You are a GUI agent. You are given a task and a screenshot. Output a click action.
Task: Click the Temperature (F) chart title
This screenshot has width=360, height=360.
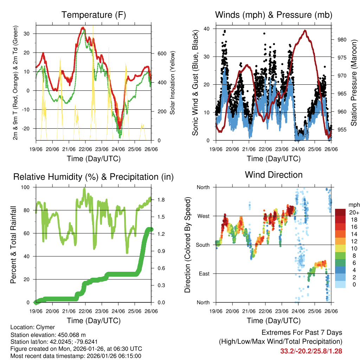pos(94,15)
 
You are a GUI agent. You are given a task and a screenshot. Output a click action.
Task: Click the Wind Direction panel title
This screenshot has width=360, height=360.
pos(274,175)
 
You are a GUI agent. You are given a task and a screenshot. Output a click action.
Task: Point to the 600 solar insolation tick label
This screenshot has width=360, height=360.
pos(162,53)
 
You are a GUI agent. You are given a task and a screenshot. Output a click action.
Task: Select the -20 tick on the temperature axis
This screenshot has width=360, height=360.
pos(29,129)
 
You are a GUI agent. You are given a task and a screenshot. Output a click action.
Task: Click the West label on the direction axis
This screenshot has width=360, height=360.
pos(203,216)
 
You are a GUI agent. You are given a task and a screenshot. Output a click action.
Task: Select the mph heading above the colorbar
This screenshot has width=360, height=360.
pos(354,205)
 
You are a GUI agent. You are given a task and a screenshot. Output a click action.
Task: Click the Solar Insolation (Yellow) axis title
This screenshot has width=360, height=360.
pos(173,83)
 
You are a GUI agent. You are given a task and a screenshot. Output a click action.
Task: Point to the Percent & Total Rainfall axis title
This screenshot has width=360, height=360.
pos(14,245)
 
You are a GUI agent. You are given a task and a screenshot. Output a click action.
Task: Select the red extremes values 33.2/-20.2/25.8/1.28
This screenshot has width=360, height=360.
pos(311,351)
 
